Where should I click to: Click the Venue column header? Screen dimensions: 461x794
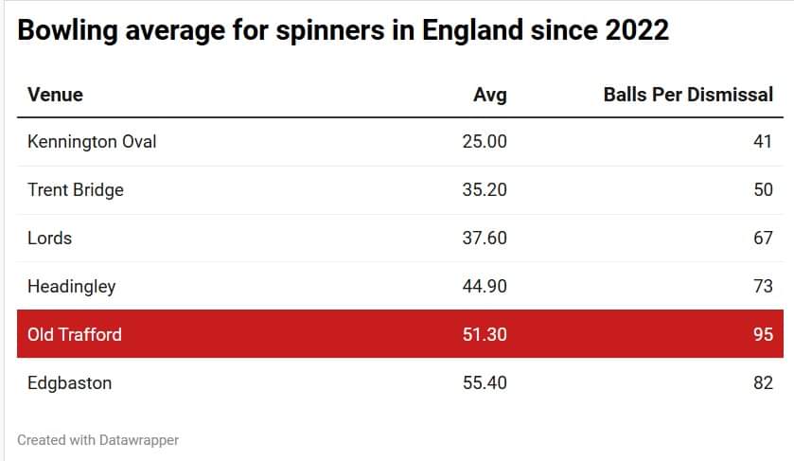tap(55, 95)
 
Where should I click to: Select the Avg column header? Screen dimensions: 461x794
tap(489, 95)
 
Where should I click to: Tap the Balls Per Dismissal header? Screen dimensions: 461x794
tap(688, 95)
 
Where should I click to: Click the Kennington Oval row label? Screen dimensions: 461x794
tap(92, 142)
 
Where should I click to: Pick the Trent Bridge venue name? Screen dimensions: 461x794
tap(76, 189)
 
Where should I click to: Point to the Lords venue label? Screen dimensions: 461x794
tap(49, 238)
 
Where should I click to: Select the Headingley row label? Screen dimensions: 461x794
tap(71, 286)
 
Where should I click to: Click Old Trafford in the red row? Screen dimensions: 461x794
tap(75, 334)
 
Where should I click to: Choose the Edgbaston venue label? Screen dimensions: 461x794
tap(69, 382)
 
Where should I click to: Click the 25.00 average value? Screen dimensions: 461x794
tap(484, 142)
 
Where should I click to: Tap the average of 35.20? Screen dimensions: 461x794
tap(484, 189)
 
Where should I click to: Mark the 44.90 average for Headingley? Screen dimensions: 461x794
tap(484, 286)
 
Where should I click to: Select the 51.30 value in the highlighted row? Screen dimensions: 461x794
tap(484, 334)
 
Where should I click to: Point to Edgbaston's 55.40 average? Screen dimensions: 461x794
tap(484, 382)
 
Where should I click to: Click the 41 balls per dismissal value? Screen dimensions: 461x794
tap(763, 142)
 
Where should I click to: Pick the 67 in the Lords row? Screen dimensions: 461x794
tap(763, 238)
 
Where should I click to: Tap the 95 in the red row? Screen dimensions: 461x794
tap(763, 334)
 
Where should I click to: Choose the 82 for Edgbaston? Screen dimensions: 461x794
tap(763, 382)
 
